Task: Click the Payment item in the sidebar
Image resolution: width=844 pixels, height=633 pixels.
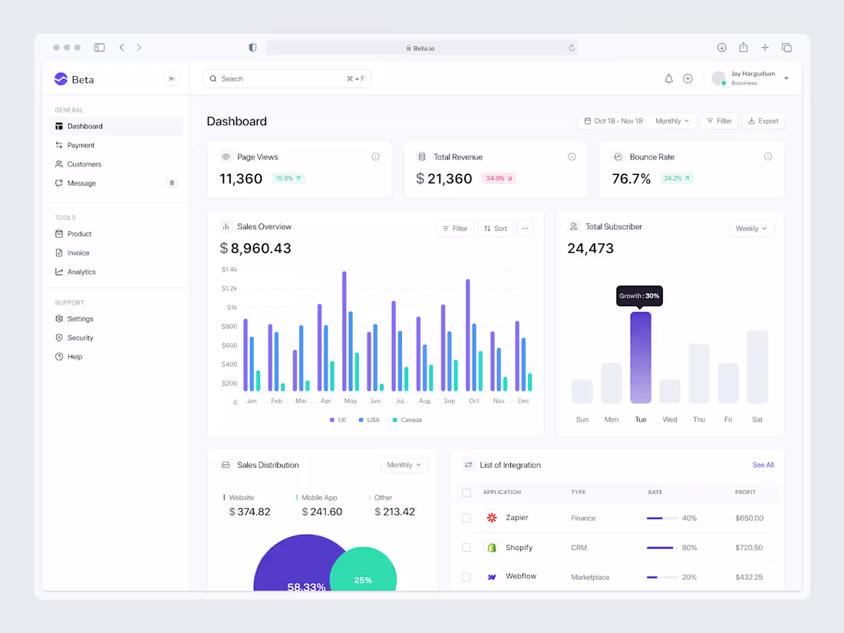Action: (x=81, y=145)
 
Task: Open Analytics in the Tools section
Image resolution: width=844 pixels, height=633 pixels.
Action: (x=81, y=272)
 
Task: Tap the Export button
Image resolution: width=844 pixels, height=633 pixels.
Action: (x=763, y=121)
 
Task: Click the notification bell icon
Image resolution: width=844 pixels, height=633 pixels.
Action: (x=668, y=78)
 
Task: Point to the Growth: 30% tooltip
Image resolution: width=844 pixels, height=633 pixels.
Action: (x=639, y=295)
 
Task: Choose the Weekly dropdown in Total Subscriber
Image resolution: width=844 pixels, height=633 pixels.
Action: (x=751, y=229)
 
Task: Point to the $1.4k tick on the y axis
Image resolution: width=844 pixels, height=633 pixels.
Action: (x=229, y=269)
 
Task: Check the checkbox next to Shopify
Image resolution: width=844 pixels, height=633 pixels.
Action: (x=466, y=548)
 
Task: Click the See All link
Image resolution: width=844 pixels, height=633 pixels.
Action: (x=763, y=465)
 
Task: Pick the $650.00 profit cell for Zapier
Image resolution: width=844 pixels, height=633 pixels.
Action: (x=749, y=518)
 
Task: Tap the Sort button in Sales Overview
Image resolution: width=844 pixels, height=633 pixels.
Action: (x=496, y=229)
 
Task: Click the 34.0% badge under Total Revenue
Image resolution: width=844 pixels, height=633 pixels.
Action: (x=499, y=178)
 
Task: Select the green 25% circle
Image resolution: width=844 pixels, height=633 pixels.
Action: (x=363, y=575)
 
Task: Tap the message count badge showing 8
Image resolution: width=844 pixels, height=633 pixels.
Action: (x=172, y=183)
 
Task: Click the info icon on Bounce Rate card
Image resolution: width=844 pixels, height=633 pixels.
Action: (x=767, y=157)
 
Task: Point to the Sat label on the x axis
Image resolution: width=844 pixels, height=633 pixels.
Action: (x=757, y=420)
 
